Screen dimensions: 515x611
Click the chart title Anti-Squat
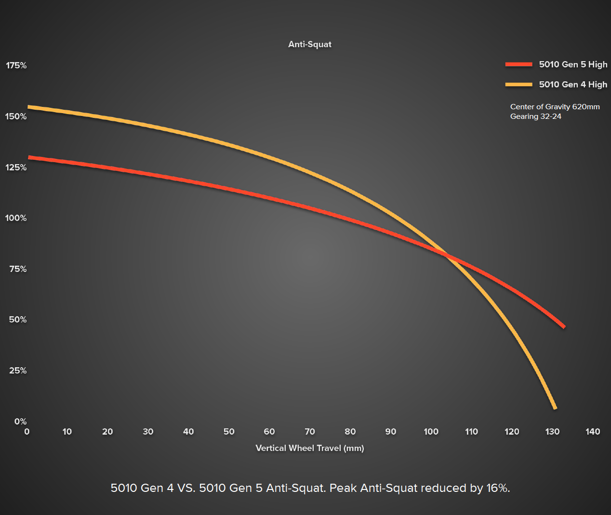coord(310,44)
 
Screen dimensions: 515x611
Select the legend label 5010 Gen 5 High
coord(573,64)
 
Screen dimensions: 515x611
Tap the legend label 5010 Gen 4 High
coord(573,85)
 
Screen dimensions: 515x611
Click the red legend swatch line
coord(518,64)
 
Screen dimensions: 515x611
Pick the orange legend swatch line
coord(518,85)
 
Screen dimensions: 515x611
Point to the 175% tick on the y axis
coord(16,65)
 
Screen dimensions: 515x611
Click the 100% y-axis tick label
coord(16,218)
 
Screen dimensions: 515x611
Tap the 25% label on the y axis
coord(18,371)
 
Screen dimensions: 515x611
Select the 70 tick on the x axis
coord(310,432)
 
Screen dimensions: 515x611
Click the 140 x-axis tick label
coord(593,432)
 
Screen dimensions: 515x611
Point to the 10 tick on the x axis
coord(67,432)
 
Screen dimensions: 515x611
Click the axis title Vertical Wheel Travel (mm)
coord(310,448)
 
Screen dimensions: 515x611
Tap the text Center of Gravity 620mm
coord(555,107)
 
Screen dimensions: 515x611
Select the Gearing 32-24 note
coord(536,116)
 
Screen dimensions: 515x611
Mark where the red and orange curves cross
coord(447,256)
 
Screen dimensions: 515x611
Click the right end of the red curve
coord(564,327)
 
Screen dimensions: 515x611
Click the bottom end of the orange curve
coord(555,408)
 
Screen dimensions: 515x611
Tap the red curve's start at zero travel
coord(29,157)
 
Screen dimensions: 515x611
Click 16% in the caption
coord(497,488)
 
